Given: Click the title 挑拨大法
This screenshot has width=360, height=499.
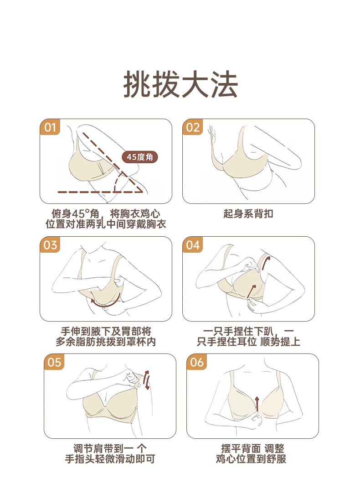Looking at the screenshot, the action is coord(180,84).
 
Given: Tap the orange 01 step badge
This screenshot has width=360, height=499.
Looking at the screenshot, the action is coord(50,127).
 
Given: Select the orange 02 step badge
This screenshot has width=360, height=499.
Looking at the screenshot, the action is coord(193,127).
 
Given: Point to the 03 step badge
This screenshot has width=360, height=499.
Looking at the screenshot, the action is coord(50,245).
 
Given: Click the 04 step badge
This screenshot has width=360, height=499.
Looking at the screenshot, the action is coord(193,245).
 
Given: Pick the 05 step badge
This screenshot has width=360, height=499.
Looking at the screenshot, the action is coord(54,362).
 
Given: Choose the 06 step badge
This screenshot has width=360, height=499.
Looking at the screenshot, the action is coord(197,362).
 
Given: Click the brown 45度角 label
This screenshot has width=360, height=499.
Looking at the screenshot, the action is coord(140,157).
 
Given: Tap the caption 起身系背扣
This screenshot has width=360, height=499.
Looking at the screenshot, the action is coord(248,213).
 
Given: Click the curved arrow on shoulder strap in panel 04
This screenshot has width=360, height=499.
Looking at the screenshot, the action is coord(265,263).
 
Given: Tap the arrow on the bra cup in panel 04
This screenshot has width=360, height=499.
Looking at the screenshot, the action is coord(251,291).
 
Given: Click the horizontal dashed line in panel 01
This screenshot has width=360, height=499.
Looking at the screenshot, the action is coord(99,192).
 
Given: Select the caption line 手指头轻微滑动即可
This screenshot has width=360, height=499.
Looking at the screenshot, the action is coord(110,459).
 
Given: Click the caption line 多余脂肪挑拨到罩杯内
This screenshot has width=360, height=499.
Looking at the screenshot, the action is coord(106,342).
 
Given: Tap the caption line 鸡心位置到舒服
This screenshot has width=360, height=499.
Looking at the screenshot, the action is coord(251,459).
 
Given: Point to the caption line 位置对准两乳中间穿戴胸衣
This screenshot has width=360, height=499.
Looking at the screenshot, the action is coord(106,224).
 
